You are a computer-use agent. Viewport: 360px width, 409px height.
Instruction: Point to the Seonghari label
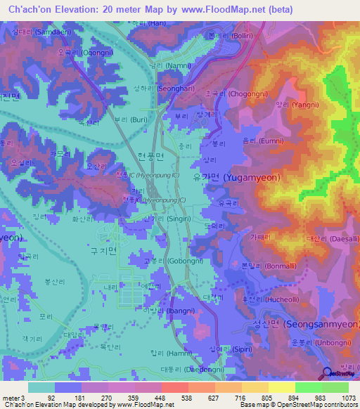(158, 89)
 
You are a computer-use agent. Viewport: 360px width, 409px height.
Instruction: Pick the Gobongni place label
(164, 261)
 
